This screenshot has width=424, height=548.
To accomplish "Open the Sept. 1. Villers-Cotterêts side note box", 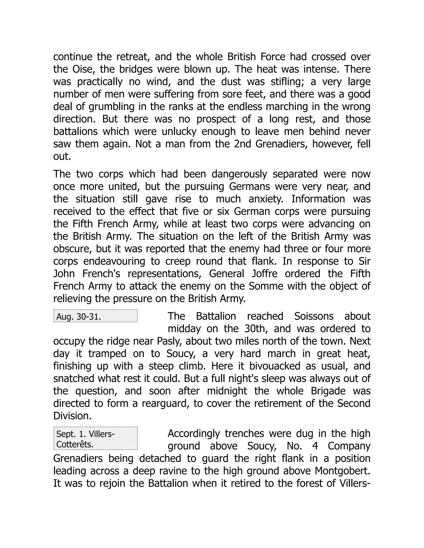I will click(x=95, y=438).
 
